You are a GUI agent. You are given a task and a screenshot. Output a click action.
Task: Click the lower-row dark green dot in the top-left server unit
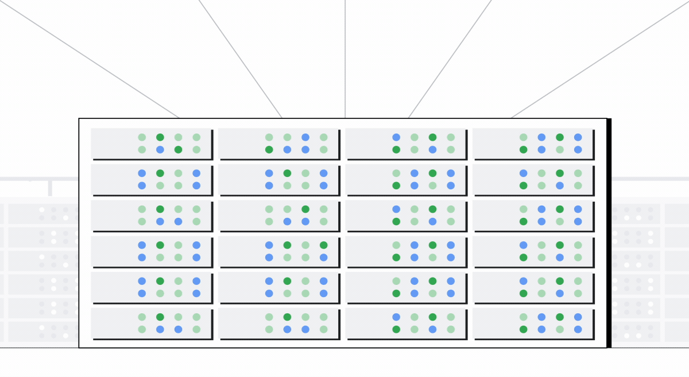(179, 149)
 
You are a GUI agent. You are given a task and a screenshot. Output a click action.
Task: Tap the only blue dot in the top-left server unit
(160, 149)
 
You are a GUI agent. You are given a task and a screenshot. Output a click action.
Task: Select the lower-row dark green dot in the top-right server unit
(524, 149)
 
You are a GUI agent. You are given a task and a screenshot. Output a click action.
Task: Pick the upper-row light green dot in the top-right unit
(524, 137)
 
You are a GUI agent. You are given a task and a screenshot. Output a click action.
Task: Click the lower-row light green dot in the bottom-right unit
(560, 329)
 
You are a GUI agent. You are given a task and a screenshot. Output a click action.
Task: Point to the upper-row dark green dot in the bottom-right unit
(560, 317)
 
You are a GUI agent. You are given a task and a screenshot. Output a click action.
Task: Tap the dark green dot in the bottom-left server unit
(160, 317)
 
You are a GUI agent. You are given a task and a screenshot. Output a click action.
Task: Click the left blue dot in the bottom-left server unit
(160, 329)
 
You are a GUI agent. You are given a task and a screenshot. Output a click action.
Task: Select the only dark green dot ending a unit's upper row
(324, 245)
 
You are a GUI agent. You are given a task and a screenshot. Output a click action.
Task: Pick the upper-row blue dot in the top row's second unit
(305, 137)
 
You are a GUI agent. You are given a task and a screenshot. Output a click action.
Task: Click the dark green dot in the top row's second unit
(269, 149)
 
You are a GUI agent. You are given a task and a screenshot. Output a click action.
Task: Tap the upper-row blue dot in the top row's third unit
(396, 137)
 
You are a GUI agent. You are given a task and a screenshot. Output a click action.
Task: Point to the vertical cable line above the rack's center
(345, 57)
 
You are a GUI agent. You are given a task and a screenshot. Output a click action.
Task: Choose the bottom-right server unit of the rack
(533, 324)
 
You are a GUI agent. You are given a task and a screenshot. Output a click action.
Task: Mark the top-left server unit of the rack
(152, 144)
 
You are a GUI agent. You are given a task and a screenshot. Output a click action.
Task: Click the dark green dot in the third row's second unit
(305, 209)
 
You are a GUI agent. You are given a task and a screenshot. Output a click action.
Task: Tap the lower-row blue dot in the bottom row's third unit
(432, 329)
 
